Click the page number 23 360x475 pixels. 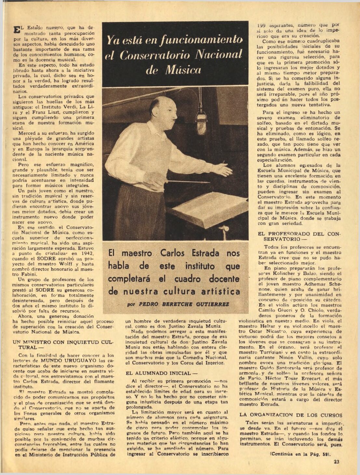tap(336, 462)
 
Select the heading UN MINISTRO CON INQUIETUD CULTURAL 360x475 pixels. tap(63, 345)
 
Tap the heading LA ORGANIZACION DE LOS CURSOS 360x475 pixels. tap(291, 415)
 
